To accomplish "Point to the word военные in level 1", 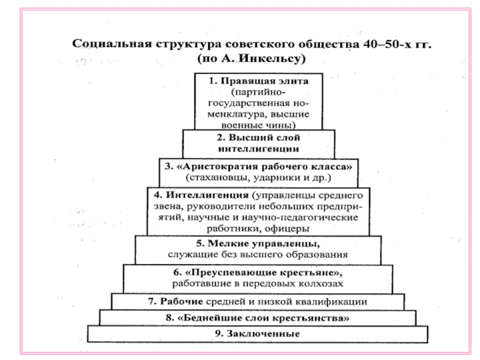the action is pos(238,125).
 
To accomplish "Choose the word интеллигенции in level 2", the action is pos(259,149).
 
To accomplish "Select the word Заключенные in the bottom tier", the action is pos(266,333).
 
